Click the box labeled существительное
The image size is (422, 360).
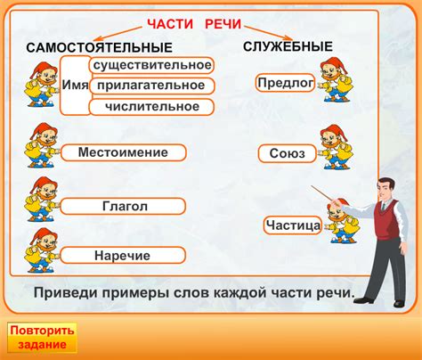pyautogui.click(x=150, y=65)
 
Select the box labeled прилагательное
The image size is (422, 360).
pyautogui.click(x=150, y=86)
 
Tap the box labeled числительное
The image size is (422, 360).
pyautogui.click(x=151, y=107)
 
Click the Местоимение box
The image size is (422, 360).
pyautogui.click(x=123, y=153)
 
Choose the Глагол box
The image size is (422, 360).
pyautogui.click(x=123, y=206)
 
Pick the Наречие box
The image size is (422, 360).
pyautogui.click(x=123, y=256)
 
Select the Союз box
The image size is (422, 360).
pyautogui.click(x=288, y=153)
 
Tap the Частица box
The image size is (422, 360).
pyautogui.click(x=293, y=225)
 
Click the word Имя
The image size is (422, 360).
pyautogui.click(x=75, y=85)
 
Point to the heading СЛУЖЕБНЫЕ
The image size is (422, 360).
pyautogui.click(x=288, y=45)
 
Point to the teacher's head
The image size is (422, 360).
pyautogui.click(x=383, y=185)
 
